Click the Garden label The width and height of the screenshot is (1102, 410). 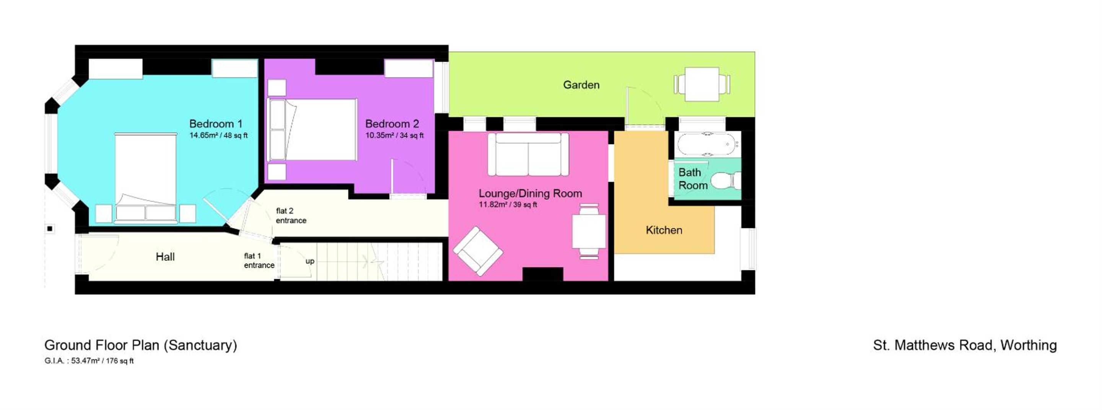(x=581, y=85)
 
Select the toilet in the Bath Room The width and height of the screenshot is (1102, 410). (x=726, y=180)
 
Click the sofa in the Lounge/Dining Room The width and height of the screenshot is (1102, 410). (x=528, y=154)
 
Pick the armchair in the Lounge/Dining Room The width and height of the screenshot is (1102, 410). (x=478, y=251)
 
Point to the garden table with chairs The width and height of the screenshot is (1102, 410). (x=702, y=84)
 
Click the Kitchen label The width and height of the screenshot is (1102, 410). (x=664, y=230)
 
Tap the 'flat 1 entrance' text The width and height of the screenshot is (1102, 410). (x=259, y=261)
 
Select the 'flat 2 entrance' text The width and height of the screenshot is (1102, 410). (x=291, y=215)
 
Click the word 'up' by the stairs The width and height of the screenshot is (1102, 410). (x=310, y=261)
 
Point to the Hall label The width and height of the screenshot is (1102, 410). (x=165, y=257)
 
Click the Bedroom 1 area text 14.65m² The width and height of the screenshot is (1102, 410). (x=203, y=135)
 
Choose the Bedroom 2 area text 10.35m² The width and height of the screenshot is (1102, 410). (x=379, y=135)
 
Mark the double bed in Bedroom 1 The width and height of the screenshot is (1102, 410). (x=145, y=178)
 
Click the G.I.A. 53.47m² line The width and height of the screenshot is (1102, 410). (x=89, y=361)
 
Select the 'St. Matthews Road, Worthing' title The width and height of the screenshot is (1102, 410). (x=965, y=345)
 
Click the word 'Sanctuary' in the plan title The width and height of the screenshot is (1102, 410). (x=201, y=345)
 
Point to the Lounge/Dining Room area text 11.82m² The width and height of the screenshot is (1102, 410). (x=493, y=205)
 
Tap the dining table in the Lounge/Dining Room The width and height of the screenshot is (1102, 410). (x=589, y=232)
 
